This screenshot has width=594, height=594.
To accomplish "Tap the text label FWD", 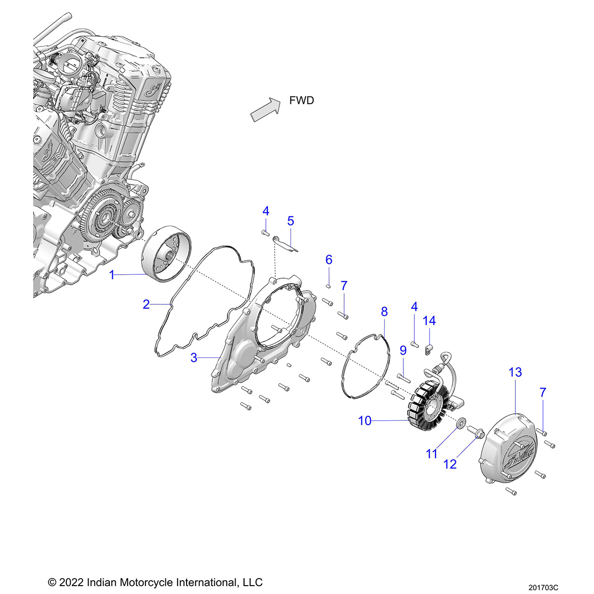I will pos(301,100).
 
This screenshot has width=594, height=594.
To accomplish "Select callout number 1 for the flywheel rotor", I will pos(112,275).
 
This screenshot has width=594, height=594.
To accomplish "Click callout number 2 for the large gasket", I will pos(146,304).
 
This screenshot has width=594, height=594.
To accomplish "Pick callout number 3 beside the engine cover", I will pos(194,357).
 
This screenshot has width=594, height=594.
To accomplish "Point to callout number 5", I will pos(291,221).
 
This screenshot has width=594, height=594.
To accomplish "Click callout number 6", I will pos(329,260).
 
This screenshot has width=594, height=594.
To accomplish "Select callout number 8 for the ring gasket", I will pos(384,312).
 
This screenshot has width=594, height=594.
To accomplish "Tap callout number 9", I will pos(403,350).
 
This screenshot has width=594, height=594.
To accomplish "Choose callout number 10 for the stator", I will pos(365,421).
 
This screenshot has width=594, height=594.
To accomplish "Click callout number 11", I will pos(432,453).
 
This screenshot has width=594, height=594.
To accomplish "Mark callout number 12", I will pos(450,464).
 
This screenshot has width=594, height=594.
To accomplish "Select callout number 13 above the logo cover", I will pos(515,372).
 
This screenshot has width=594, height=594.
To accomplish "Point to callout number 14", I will pos(429,321).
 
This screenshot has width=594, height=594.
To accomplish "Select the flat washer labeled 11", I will pos(460,424).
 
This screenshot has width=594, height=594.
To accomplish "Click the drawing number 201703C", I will pos(543,588).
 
